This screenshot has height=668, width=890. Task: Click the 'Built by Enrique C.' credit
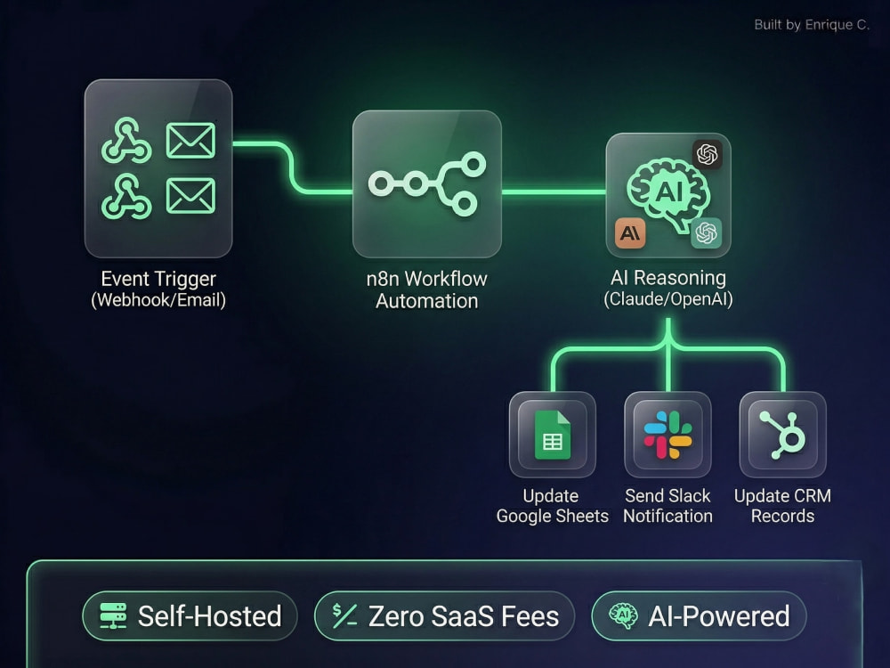click(811, 24)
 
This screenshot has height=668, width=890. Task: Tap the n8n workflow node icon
click(427, 183)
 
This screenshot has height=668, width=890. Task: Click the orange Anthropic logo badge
click(630, 232)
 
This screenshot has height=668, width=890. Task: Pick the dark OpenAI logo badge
click(708, 154)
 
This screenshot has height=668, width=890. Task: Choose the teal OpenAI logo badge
click(706, 232)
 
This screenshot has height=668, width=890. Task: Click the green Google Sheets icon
click(553, 435)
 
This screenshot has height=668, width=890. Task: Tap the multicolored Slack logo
click(667, 435)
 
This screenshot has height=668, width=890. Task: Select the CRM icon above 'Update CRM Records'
click(782, 435)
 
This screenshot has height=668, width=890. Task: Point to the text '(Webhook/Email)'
click(158, 300)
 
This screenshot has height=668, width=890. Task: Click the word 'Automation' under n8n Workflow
click(427, 301)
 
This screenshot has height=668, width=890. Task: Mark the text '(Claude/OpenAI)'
click(668, 299)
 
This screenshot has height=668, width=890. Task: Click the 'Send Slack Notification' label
click(668, 506)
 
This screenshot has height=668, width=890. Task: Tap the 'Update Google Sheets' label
click(553, 506)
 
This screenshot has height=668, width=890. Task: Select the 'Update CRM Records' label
click(782, 506)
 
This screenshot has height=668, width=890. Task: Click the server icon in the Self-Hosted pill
click(114, 615)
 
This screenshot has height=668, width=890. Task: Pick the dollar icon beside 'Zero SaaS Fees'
click(344, 615)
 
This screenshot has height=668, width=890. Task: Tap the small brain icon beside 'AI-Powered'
click(623, 615)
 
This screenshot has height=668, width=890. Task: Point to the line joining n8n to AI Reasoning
click(554, 192)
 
